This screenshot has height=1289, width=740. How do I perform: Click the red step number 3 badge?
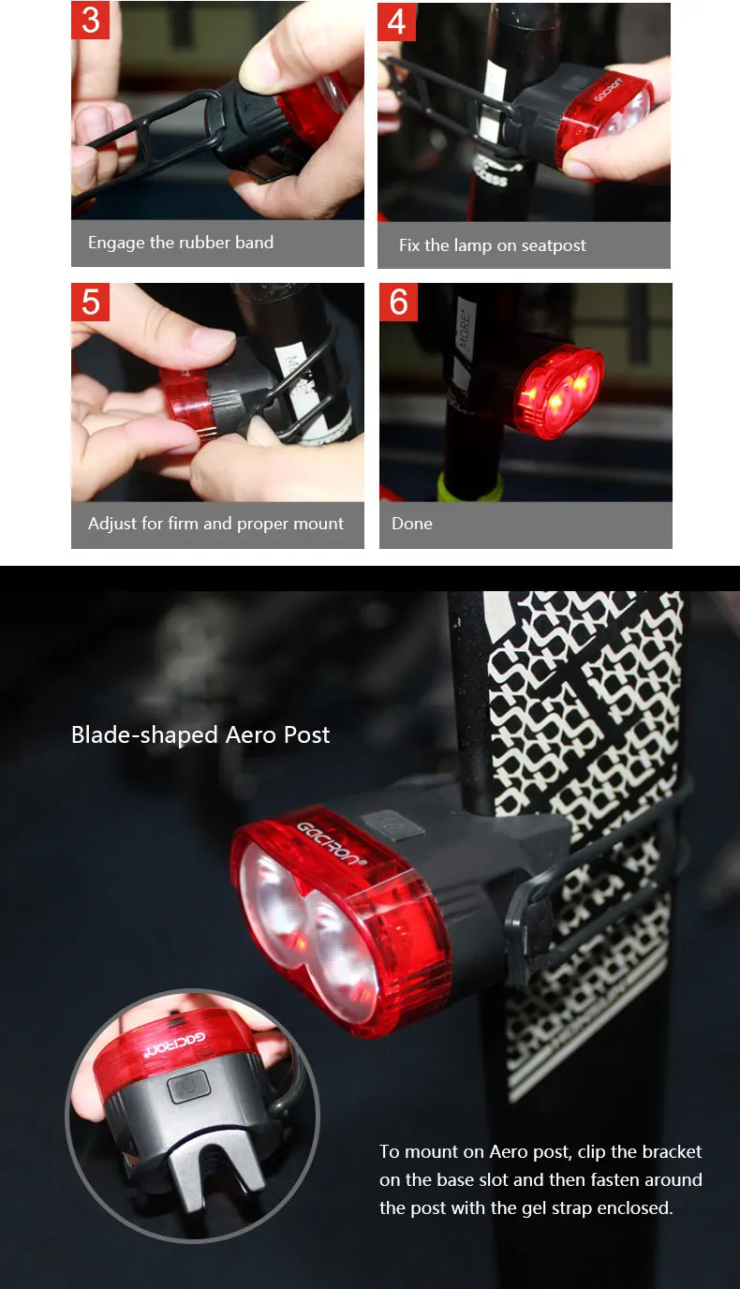[x=91, y=21]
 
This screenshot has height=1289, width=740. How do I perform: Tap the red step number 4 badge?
[x=397, y=22]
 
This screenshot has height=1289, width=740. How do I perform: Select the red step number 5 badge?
[x=91, y=302]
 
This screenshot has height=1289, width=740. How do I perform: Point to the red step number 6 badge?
[x=399, y=303]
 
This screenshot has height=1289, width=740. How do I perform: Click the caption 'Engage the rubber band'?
[x=181, y=243]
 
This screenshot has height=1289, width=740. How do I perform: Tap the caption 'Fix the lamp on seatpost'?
[x=492, y=245]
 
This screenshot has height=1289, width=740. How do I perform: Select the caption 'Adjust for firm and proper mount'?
[x=215, y=524]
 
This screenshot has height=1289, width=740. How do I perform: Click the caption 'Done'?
[x=412, y=524]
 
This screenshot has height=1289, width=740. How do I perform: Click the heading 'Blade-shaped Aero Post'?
[x=200, y=734]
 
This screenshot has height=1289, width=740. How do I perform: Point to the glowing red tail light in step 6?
[x=558, y=392]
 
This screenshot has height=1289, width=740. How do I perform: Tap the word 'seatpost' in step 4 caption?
[x=553, y=245]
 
